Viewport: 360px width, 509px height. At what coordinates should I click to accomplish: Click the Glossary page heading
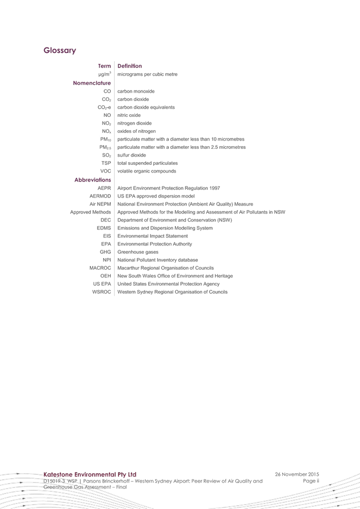tap(60, 51)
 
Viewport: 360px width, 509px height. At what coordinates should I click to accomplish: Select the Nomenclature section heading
tap(92, 83)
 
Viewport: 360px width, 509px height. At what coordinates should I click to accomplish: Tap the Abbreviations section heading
tap(93, 180)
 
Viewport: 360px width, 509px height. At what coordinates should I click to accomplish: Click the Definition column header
tap(130, 66)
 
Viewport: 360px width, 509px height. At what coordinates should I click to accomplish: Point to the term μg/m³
tap(105, 74)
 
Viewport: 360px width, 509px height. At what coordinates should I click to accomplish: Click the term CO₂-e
tap(104, 108)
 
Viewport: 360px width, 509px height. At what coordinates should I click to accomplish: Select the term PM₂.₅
tap(105, 147)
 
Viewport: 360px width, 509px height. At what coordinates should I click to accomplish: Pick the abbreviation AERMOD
tap(100, 196)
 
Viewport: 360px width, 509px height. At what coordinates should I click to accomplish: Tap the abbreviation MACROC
tap(100, 268)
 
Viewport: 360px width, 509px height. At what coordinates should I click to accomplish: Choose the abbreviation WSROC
tap(101, 292)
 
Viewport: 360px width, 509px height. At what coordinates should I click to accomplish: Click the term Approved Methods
tap(90, 212)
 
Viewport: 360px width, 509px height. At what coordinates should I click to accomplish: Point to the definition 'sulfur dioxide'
tap(131, 155)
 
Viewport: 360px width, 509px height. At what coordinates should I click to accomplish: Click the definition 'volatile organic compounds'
tap(147, 171)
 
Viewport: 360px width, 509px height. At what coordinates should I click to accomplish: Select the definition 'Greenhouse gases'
tap(138, 252)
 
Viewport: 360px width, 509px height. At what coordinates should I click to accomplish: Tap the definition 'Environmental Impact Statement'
tap(153, 236)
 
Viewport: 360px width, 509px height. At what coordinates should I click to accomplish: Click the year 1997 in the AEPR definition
tap(214, 188)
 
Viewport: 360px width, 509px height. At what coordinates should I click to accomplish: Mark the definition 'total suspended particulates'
tap(147, 163)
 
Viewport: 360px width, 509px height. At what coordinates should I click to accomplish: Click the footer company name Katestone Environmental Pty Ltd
tap(90, 474)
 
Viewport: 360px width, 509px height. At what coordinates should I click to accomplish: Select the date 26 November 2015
tap(297, 474)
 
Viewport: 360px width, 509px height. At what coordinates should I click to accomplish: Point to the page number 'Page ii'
tap(311, 481)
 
